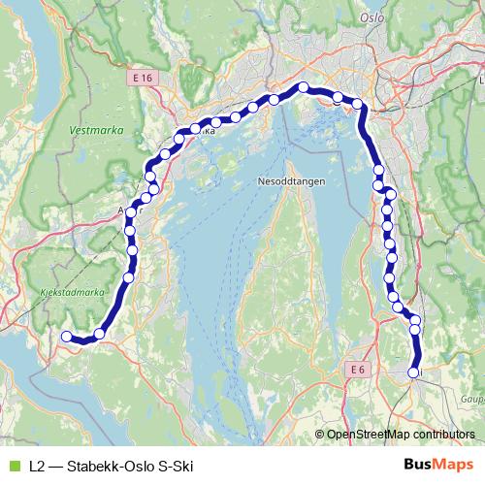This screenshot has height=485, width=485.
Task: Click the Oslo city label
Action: [372, 17]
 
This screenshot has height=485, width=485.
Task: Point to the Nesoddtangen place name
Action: [291, 181]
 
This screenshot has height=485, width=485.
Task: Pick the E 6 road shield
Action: [358, 370]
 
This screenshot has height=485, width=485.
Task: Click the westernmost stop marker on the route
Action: [66, 337]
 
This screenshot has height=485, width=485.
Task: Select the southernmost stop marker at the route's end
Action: [413, 372]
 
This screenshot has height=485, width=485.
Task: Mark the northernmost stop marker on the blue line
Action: [303, 87]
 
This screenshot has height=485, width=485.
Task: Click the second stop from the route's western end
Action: [99, 335]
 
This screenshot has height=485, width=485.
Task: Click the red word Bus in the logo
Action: [418, 466]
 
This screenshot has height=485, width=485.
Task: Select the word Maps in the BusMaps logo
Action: [455, 466]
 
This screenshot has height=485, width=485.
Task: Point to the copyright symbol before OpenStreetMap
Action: [320, 435]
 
